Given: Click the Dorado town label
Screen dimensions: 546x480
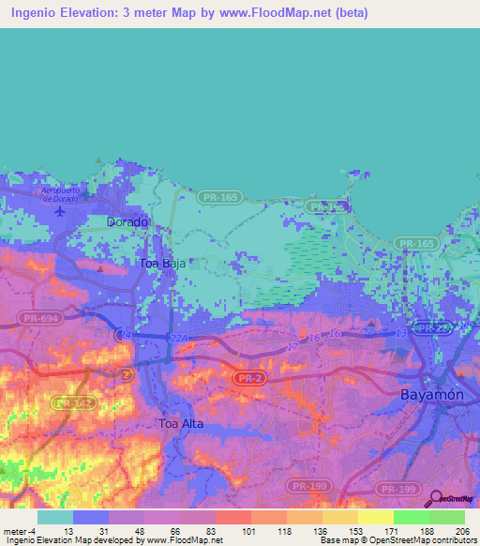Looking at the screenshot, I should click(x=127, y=222).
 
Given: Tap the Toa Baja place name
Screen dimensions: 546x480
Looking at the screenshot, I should click(x=159, y=264).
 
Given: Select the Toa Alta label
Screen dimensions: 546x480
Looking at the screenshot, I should click(x=181, y=424).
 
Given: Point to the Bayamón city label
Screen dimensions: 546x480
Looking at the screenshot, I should click(x=431, y=395).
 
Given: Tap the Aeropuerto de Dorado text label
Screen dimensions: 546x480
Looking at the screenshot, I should click(x=62, y=193).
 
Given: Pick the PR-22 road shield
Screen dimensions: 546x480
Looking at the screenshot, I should click(x=433, y=328).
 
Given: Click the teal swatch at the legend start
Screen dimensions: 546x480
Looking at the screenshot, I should click(x=54, y=517).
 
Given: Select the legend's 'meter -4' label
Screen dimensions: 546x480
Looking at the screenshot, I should click(x=22, y=530).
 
